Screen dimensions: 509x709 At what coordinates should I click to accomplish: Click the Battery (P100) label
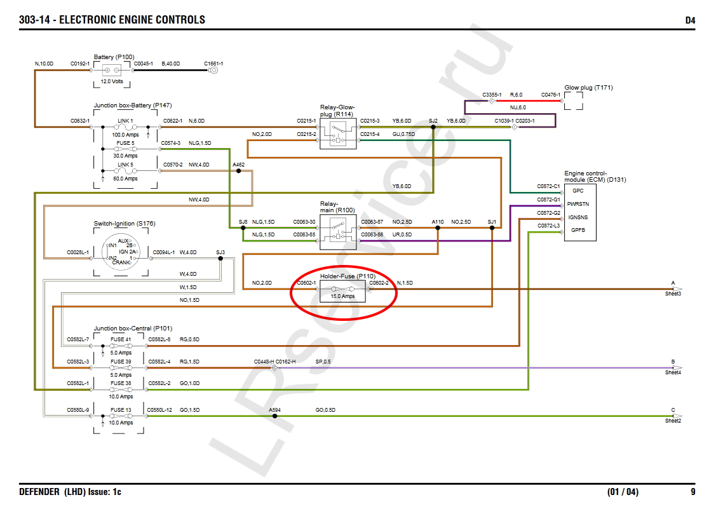click(114, 57)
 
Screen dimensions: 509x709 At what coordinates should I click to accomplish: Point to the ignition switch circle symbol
click(124, 252)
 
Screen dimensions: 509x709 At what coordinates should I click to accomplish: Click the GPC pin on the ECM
click(577, 190)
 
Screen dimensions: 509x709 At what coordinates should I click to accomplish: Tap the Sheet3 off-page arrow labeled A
click(676, 289)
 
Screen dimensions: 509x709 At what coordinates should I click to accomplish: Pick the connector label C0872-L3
click(548, 226)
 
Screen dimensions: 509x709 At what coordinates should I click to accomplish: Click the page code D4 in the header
click(689, 20)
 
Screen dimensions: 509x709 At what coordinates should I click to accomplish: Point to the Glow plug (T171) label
click(588, 88)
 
